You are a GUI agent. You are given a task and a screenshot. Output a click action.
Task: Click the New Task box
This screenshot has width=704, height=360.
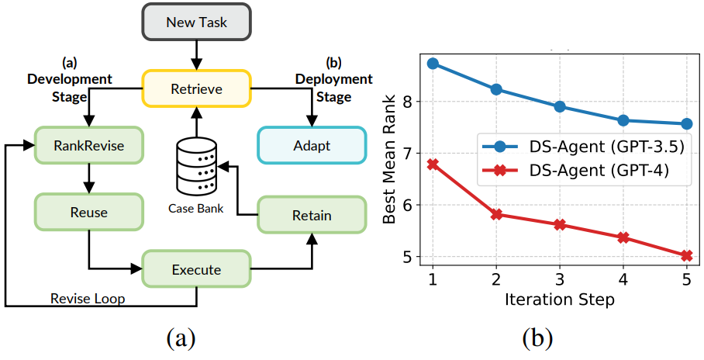196,22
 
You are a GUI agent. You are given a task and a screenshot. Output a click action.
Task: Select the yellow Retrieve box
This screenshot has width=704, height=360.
196,88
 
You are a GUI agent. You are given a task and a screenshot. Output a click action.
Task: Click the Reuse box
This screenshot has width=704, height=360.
88,212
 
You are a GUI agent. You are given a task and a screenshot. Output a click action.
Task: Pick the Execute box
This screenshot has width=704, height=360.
196,269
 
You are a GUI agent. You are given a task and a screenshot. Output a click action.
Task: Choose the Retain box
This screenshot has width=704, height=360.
311,215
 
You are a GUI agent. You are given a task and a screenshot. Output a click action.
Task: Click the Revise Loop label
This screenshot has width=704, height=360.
87,298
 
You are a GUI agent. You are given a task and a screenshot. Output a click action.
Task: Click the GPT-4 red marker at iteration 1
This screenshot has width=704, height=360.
433,164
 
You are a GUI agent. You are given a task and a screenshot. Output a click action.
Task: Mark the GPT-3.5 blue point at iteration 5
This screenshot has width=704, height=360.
686,123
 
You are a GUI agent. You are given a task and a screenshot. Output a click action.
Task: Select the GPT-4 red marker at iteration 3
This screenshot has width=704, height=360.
560,224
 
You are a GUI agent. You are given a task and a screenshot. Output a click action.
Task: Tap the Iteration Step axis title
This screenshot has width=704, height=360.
559,299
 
